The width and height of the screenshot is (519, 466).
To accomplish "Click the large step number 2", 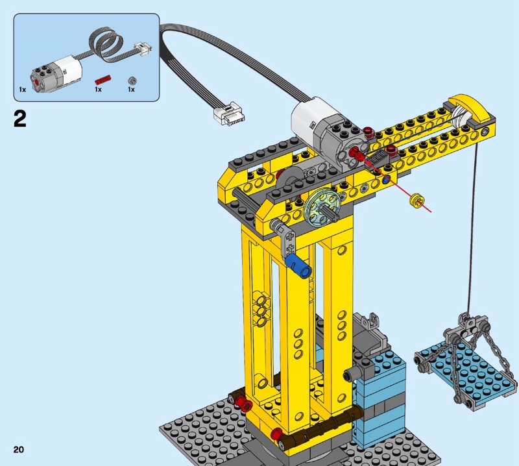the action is (x=20, y=119).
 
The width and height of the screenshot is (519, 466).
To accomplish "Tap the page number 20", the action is (x=19, y=449).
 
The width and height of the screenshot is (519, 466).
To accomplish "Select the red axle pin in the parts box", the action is (x=103, y=80).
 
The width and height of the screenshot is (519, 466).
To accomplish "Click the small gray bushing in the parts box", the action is (x=132, y=80).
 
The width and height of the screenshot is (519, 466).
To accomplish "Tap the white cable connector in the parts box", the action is (x=143, y=49).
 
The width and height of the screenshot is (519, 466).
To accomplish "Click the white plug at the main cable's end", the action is (x=229, y=114).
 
